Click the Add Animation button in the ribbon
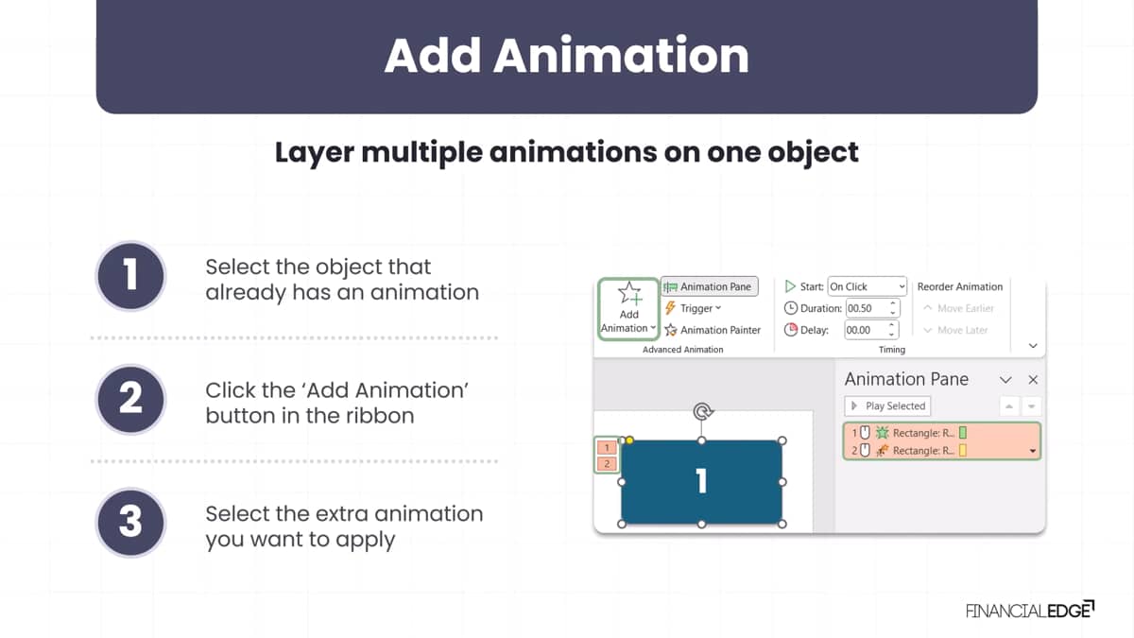(628, 308)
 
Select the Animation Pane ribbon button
(710, 286)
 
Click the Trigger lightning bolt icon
(670, 308)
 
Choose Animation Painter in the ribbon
(713, 330)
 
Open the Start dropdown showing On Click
(867, 286)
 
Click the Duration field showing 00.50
(871, 308)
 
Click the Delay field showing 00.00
(871, 330)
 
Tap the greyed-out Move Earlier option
(958, 308)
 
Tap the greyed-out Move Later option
(955, 330)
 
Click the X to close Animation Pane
(1033, 380)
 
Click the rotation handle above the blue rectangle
(702, 411)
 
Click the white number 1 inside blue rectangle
(701, 480)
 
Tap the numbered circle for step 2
(131, 399)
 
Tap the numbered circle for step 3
(131, 523)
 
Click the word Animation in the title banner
(622, 55)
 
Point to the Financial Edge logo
(1030, 610)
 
